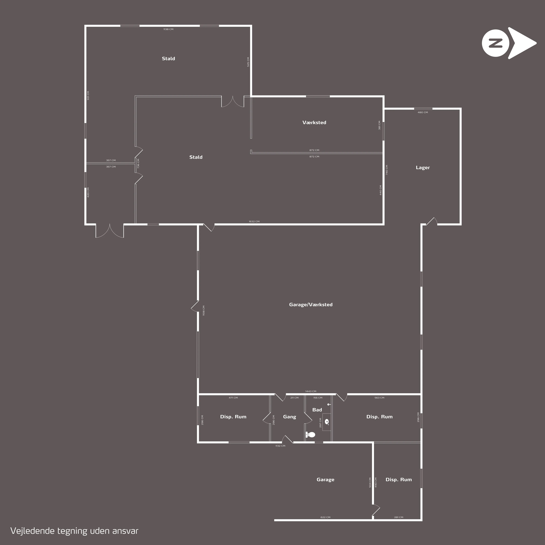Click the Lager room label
tap(423, 168)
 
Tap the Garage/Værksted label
tap(311, 305)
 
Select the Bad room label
tap(317, 410)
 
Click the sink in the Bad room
tap(327, 422)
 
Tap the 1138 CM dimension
tap(168, 29)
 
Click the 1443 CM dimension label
tap(311, 391)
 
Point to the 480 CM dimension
tap(423, 112)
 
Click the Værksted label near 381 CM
tap(314, 122)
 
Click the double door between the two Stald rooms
tap(232, 102)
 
